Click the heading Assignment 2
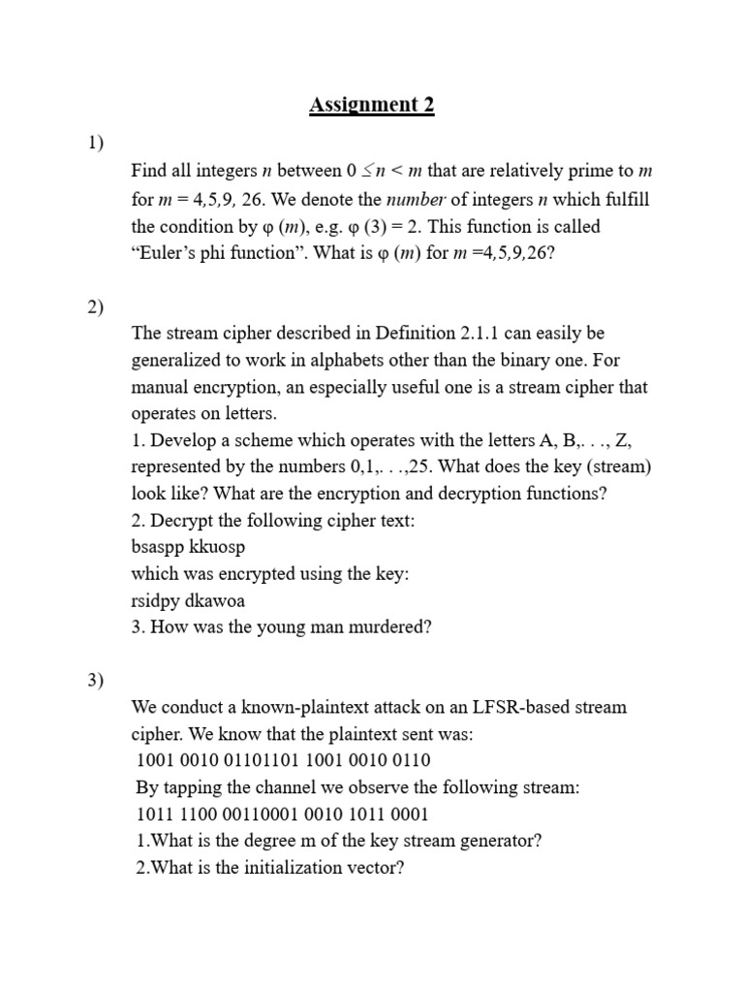pyautogui.click(x=372, y=105)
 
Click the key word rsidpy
pyautogui.click(x=158, y=600)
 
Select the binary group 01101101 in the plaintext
pyautogui.click(x=263, y=760)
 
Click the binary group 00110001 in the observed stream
pyautogui.click(x=263, y=814)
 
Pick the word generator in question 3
pyautogui.click(x=496, y=840)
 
